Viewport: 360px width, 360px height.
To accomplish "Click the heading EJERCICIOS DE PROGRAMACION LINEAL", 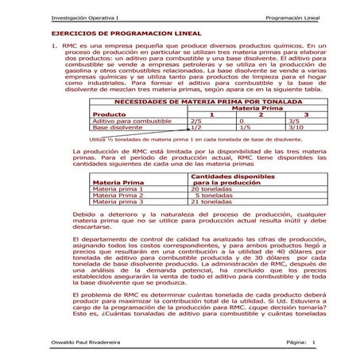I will [114, 35].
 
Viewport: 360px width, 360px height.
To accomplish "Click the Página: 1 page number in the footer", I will [300, 343].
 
